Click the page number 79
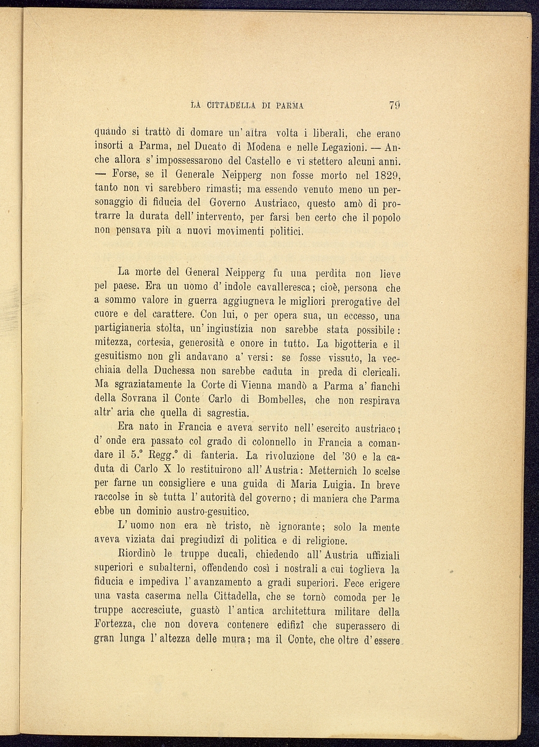tap(394, 106)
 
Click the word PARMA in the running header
tap(290, 106)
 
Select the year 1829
tap(384, 176)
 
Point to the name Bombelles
tap(283, 399)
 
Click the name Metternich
tap(337, 470)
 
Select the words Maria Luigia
tap(323, 484)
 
